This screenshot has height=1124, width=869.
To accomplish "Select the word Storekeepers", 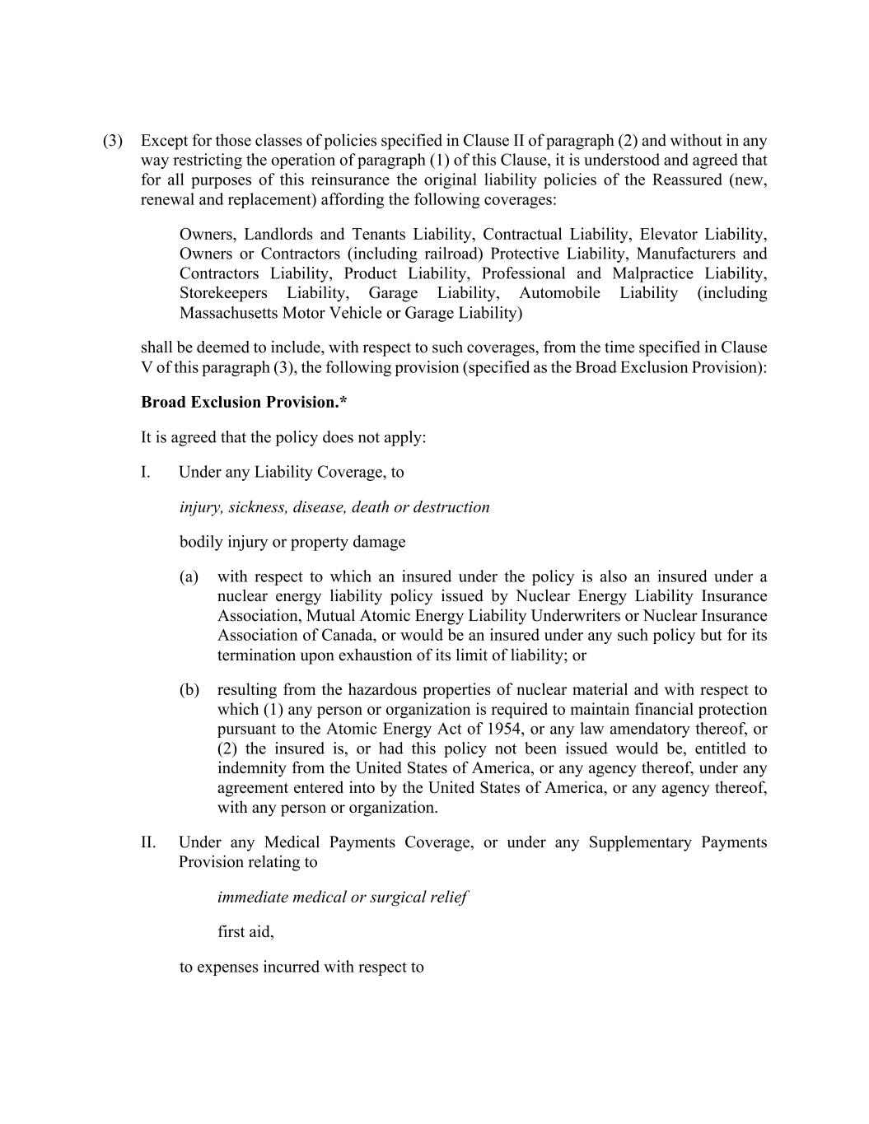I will [223, 293].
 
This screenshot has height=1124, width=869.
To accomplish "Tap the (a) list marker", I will [189, 576].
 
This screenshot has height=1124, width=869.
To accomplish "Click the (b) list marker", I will [189, 690].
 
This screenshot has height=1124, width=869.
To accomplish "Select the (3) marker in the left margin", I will [113, 141].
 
